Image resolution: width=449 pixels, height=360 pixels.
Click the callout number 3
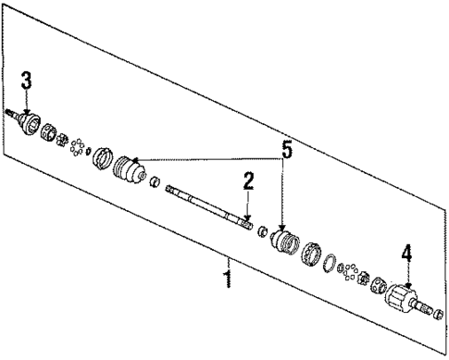27,81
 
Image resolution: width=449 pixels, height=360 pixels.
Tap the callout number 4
405,252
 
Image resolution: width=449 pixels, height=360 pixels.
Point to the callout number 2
247,182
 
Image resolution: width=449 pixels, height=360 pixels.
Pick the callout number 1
227,279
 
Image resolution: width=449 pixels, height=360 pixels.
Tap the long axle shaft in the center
208,206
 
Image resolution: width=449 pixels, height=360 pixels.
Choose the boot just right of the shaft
283,241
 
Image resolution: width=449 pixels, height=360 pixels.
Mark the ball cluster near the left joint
78,146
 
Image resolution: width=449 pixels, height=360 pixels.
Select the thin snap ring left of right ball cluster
329,266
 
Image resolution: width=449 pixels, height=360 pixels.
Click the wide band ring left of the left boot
100,155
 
